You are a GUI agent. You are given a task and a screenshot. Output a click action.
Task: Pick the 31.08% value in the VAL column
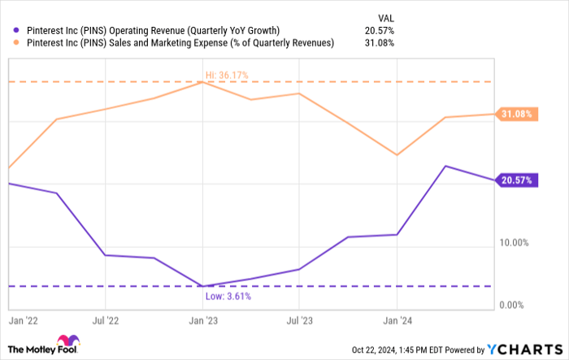click(380, 42)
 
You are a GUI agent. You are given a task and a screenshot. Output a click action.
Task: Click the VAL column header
click(385, 16)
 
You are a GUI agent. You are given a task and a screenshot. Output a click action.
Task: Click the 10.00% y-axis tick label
click(515, 243)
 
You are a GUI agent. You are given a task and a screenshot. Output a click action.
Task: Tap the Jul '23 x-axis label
click(299, 320)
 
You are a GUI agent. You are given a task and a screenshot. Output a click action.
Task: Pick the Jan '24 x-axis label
click(396, 320)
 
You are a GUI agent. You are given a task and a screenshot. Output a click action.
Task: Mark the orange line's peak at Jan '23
click(202, 82)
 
